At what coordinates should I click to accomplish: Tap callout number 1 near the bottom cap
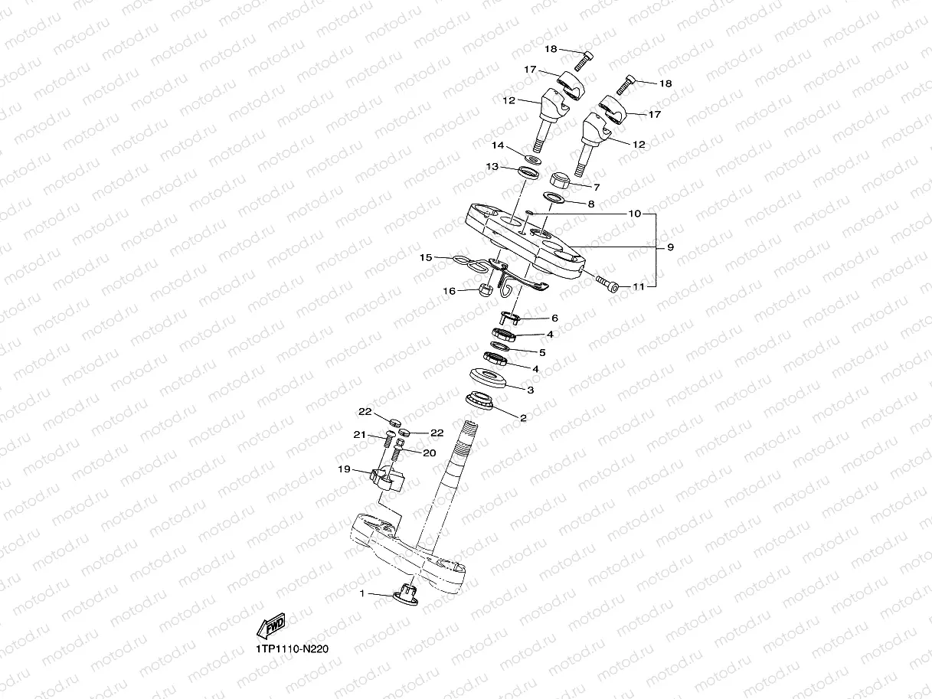click(x=361, y=593)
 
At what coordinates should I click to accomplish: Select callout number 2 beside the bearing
click(x=523, y=418)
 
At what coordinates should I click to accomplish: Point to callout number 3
click(x=529, y=389)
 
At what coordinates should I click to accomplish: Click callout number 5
click(x=541, y=352)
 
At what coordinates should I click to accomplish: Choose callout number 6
click(x=554, y=318)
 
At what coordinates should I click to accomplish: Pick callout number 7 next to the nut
click(x=596, y=186)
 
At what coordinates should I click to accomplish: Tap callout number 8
click(x=590, y=204)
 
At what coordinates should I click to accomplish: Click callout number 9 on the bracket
click(x=670, y=247)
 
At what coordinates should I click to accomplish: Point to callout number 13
click(x=492, y=167)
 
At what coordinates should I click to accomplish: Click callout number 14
click(x=498, y=145)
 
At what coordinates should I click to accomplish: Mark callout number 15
click(x=427, y=258)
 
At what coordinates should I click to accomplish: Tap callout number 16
click(x=450, y=291)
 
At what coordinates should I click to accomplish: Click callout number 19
click(x=345, y=469)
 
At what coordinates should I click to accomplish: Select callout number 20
click(x=429, y=452)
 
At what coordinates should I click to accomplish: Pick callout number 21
click(x=359, y=435)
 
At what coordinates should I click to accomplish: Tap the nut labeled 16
click(x=484, y=289)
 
